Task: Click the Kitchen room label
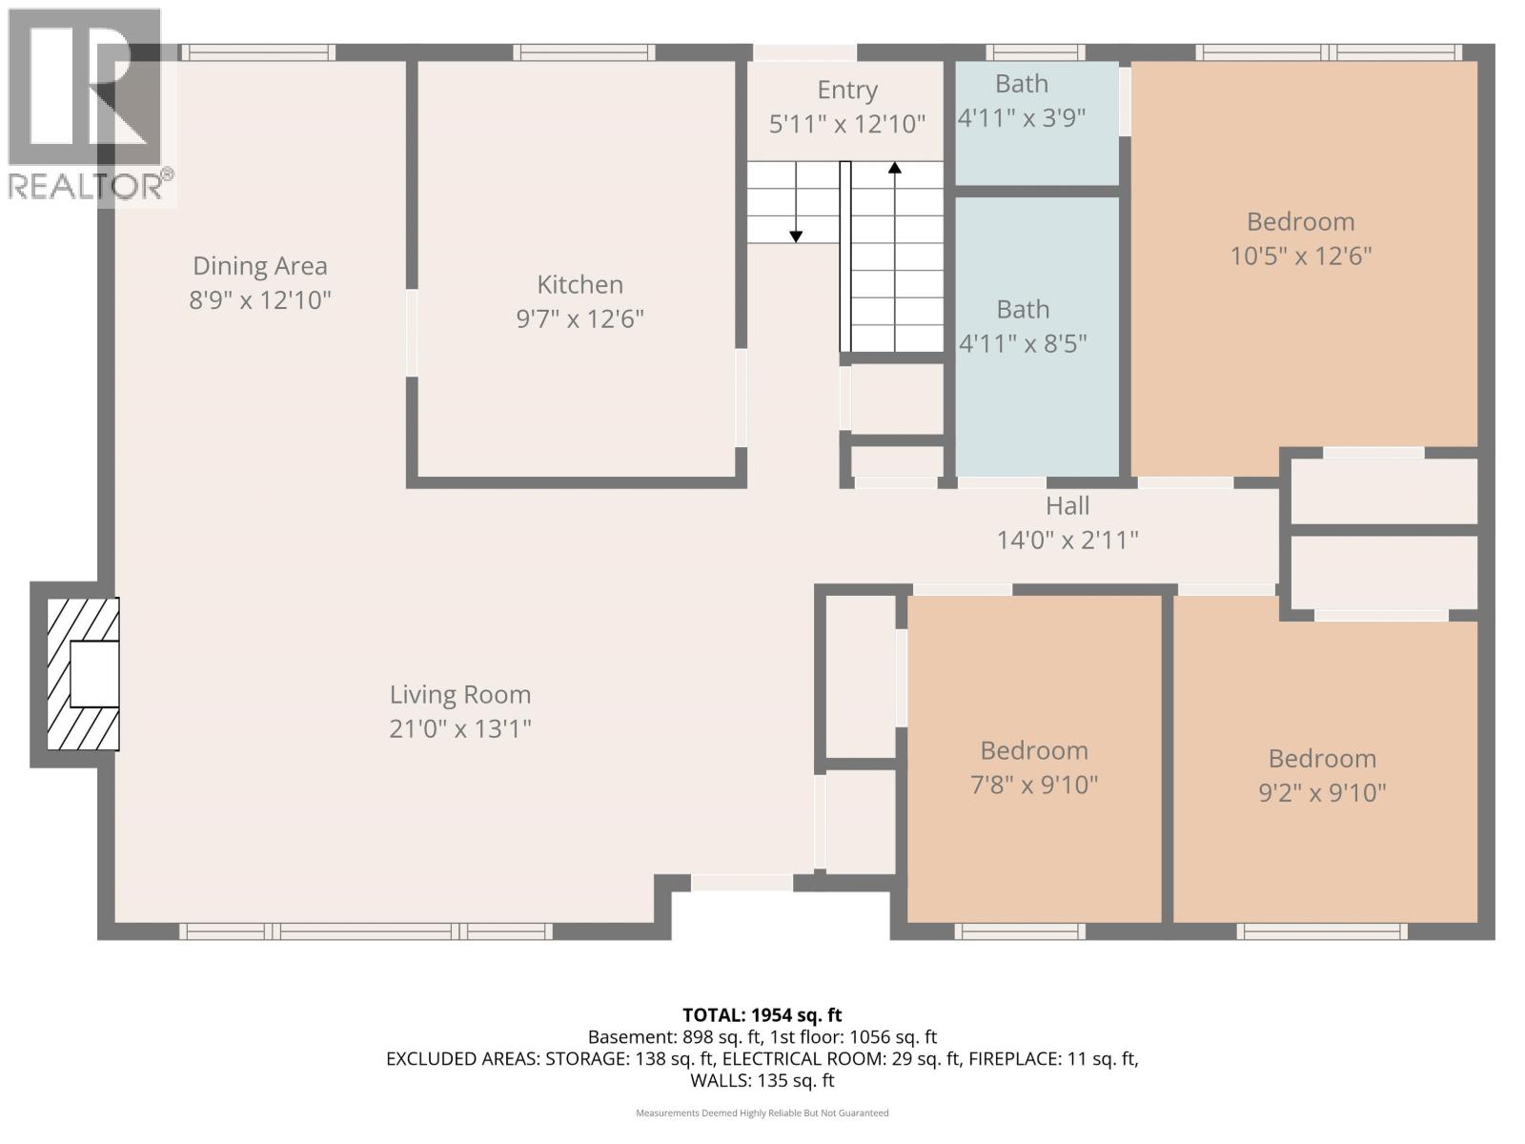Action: click(579, 284)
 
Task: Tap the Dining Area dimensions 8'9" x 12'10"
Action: click(260, 300)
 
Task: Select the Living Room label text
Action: click(459, 695)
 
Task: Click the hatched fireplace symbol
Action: click(84, 673)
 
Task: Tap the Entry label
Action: click(846, 90)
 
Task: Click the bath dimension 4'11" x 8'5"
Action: click(1023, 343)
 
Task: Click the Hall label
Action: click(1067, 505)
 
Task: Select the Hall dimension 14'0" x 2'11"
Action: click(1067, 541)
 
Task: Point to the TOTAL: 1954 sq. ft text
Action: click(762, 1015)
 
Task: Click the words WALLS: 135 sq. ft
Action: click(762, 1080)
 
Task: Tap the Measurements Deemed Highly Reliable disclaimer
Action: click(762, 1113)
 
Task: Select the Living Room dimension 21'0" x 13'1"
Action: click(459, 729)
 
